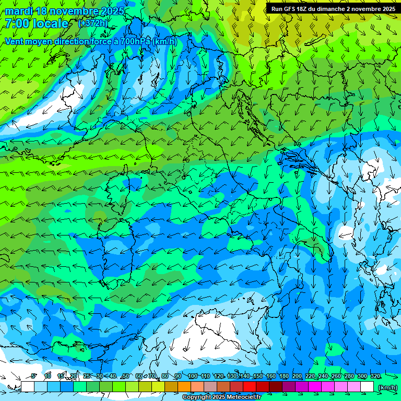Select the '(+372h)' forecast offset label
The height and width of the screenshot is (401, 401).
pyautogui.click(x=93, y=23)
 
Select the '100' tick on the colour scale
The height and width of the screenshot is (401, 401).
pyautogui.click(x=193, y=376)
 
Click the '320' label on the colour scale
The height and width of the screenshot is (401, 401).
pyautogui.click(x=375, y=376)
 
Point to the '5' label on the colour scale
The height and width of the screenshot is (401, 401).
pyautogui.click(x=33, y=376)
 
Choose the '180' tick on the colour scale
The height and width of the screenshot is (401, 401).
pyautogui.click(x=284, y=376)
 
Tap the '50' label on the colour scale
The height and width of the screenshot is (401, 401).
pyautogui.click(x=126, y=376)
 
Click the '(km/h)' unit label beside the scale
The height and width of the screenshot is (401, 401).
pyautogui.click(x=387, y=387)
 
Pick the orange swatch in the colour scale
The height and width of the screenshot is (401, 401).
pyautogui.click(x=184, y=387)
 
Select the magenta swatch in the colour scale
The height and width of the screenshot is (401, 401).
pyautogui.click(x=315, y=387)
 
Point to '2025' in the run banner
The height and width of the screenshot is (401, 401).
pyautogui.click(x=387, y=9)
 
